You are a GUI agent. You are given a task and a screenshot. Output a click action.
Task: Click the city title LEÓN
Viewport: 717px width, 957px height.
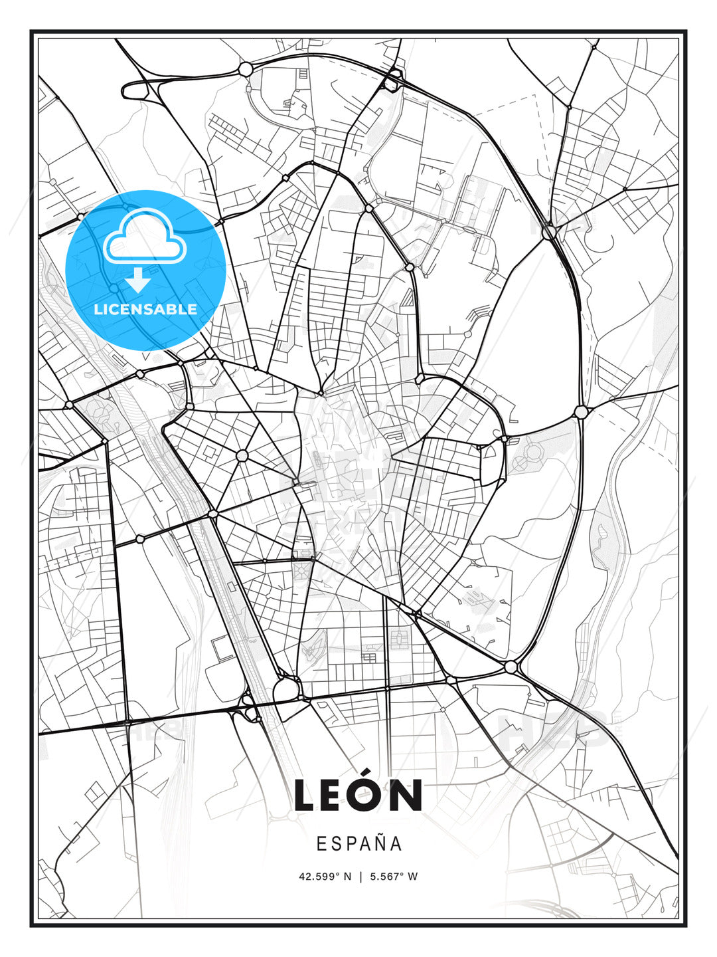[x=358, y=796]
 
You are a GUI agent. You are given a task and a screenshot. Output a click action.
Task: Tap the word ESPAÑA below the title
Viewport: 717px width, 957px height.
[x=359, y=844]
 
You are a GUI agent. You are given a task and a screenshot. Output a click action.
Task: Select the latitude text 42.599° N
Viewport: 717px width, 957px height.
[x=325, y=877]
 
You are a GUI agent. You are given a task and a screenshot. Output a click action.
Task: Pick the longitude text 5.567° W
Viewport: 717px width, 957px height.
[x=394, y=877]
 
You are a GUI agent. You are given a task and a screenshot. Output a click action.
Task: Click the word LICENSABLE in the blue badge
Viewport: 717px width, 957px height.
[x=145, y=309]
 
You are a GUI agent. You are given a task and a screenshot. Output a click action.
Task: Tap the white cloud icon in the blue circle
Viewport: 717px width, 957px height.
[x=143, y=237]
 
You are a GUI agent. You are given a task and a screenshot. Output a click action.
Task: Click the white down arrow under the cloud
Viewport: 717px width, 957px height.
[x=138, y=280]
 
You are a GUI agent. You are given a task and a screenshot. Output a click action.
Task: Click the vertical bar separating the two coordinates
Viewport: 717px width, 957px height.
[x=360, y=877]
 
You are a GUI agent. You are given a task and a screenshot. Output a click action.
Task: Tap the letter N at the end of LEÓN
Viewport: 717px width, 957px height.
[x=406, y=796]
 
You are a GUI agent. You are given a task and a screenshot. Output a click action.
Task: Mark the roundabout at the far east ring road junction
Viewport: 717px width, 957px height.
[x=581, y=412]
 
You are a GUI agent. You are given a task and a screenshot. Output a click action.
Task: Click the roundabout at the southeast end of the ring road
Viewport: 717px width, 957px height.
[x=511, y=667]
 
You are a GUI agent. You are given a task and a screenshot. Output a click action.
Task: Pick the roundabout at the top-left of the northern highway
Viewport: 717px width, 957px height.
[x=245, y=68]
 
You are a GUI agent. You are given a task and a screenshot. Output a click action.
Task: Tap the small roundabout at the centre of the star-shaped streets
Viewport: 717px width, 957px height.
[x=242, y=455]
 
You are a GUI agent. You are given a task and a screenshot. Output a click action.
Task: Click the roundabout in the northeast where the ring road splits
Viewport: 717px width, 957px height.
[x=549, y=233]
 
